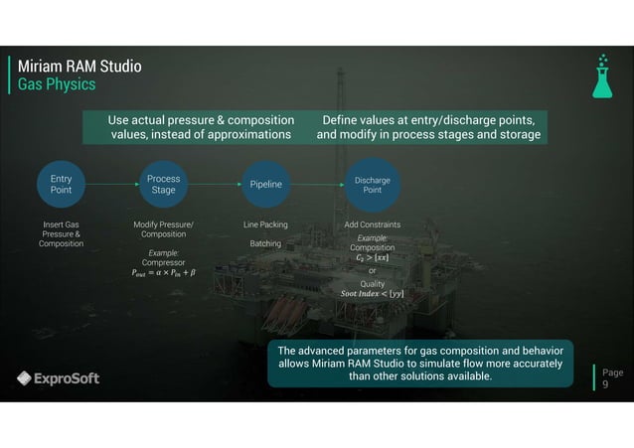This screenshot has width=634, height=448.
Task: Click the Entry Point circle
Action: tap(61, 184)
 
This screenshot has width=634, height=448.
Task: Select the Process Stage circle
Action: tap(163, 184)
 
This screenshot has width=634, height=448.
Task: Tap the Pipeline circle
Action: tap(266, 184)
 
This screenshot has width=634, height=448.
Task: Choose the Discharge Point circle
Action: tap(372, 184)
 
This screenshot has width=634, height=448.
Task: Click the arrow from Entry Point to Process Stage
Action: tap(111, 184)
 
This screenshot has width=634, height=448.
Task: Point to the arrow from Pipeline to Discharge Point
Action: tap(319, 184)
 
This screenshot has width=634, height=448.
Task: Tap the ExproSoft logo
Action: tap(58, 377)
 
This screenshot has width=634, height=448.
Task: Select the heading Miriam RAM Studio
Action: tap(79, 67)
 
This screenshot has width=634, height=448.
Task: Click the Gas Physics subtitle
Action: tap(57, 85)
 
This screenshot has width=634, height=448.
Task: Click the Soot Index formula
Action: tap(372, 294)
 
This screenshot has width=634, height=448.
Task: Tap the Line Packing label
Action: tap(265, 225)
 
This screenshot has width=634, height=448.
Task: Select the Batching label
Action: tap(265, 243)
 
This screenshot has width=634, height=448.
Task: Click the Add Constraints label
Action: tap(372, 225)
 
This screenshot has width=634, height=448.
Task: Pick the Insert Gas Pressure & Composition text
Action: tap(61, 234)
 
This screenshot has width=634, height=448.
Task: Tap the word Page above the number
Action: tap(613, 373)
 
